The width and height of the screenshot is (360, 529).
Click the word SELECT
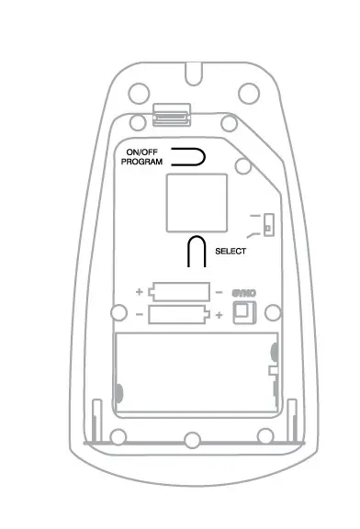point(231,250)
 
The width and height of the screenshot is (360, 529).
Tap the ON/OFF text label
point(143,152)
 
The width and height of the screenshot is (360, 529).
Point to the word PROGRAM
point(142,162)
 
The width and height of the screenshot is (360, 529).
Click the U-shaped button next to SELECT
point(196,250)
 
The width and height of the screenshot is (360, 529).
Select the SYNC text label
point(243,293)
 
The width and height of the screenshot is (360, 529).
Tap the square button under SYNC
point(243,313)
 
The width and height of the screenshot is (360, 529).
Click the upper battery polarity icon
point(182,293)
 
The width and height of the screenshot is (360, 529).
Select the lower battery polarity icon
point(182,315)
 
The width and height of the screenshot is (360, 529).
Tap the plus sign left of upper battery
point(140,293)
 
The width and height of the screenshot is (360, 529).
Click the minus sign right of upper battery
point(219,293)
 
